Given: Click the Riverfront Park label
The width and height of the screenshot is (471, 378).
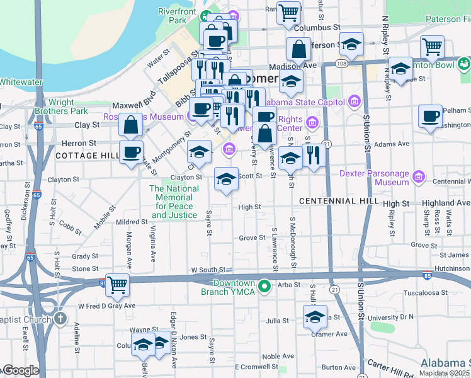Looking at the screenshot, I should tap(177, 16).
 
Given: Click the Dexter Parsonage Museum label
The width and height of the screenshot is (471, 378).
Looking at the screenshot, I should tap(375, 177).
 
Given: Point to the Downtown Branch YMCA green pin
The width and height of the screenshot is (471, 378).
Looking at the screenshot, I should tap(265, 287).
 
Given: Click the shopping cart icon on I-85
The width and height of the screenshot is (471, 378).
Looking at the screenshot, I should tap(117, 285).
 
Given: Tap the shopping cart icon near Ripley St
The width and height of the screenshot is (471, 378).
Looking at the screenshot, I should tap(432, 46).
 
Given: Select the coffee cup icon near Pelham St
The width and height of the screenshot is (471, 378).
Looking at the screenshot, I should tap(431, 117).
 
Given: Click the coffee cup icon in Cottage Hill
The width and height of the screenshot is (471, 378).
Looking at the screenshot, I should tap(131, 152).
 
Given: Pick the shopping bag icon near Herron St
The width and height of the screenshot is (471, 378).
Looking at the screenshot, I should tap(130, 125).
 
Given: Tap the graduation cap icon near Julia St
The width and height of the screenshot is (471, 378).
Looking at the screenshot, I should tap(315, 317).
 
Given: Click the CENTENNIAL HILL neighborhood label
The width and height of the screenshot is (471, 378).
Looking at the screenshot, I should tap(339, 201).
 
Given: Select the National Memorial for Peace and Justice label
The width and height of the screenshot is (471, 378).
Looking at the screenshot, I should tap(174, 202).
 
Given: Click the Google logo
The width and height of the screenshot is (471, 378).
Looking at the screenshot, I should tap(20, 370).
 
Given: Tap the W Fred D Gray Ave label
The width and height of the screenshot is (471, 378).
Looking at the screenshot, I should tap(106, 306).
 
